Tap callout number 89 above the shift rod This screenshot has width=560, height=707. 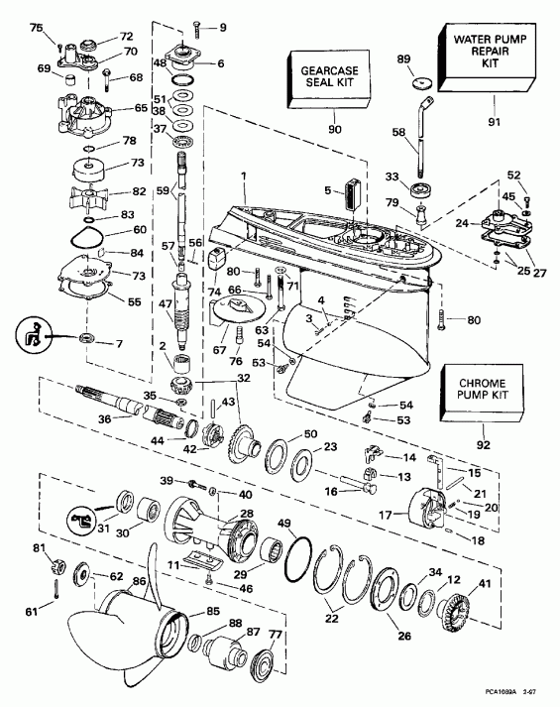403,59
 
